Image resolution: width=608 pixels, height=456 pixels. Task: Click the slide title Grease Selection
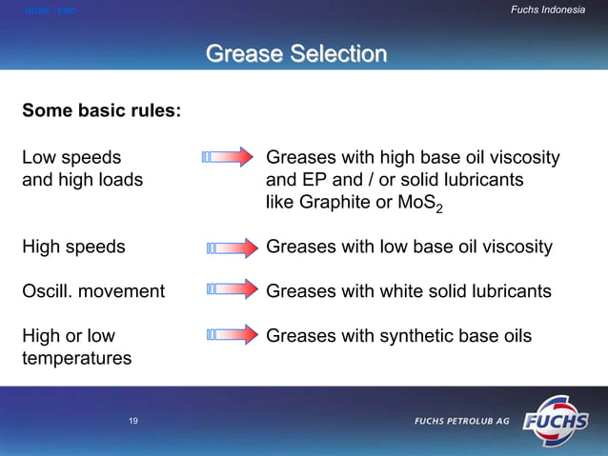point(296,53)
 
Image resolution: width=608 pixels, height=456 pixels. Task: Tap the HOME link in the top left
point(37,11)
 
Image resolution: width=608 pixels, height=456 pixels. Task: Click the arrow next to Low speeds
point(229,157)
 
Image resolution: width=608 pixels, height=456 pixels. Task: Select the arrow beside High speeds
point(232,248)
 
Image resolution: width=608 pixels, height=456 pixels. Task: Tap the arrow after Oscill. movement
point(232,288)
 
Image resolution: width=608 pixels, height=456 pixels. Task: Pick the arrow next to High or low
point(232,334)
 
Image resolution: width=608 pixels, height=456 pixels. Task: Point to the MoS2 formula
point(423,204)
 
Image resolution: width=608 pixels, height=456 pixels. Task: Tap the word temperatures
point(77,358)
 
